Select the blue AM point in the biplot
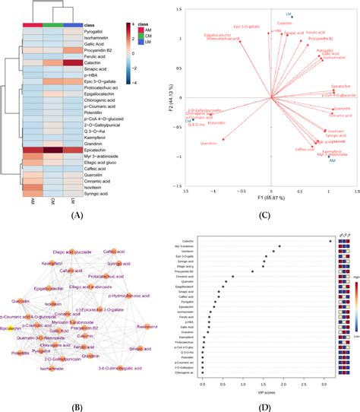(332, 158)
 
